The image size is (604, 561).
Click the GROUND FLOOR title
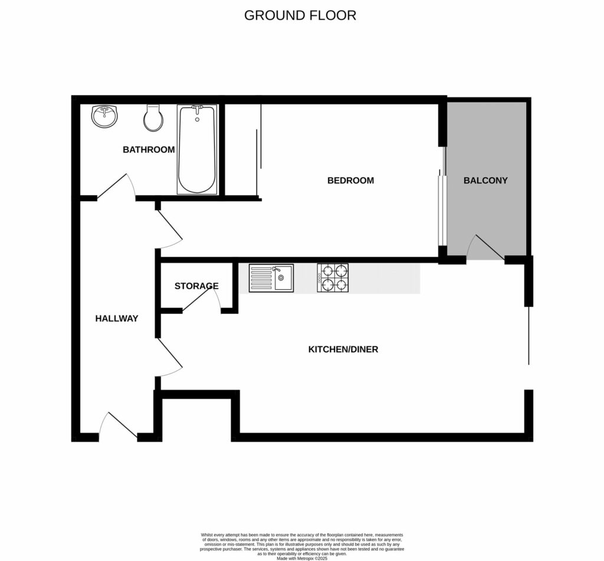300,15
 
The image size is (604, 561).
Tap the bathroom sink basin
104,116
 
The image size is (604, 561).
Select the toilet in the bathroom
153,119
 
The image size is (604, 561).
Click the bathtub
197,149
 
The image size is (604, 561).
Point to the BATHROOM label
149,150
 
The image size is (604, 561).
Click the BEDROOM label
350,181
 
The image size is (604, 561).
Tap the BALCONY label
485,181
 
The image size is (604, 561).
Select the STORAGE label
196,286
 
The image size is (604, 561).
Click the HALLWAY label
117,319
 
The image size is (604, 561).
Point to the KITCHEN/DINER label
343,349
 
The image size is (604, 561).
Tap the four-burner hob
333,278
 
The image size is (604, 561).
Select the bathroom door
116,188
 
